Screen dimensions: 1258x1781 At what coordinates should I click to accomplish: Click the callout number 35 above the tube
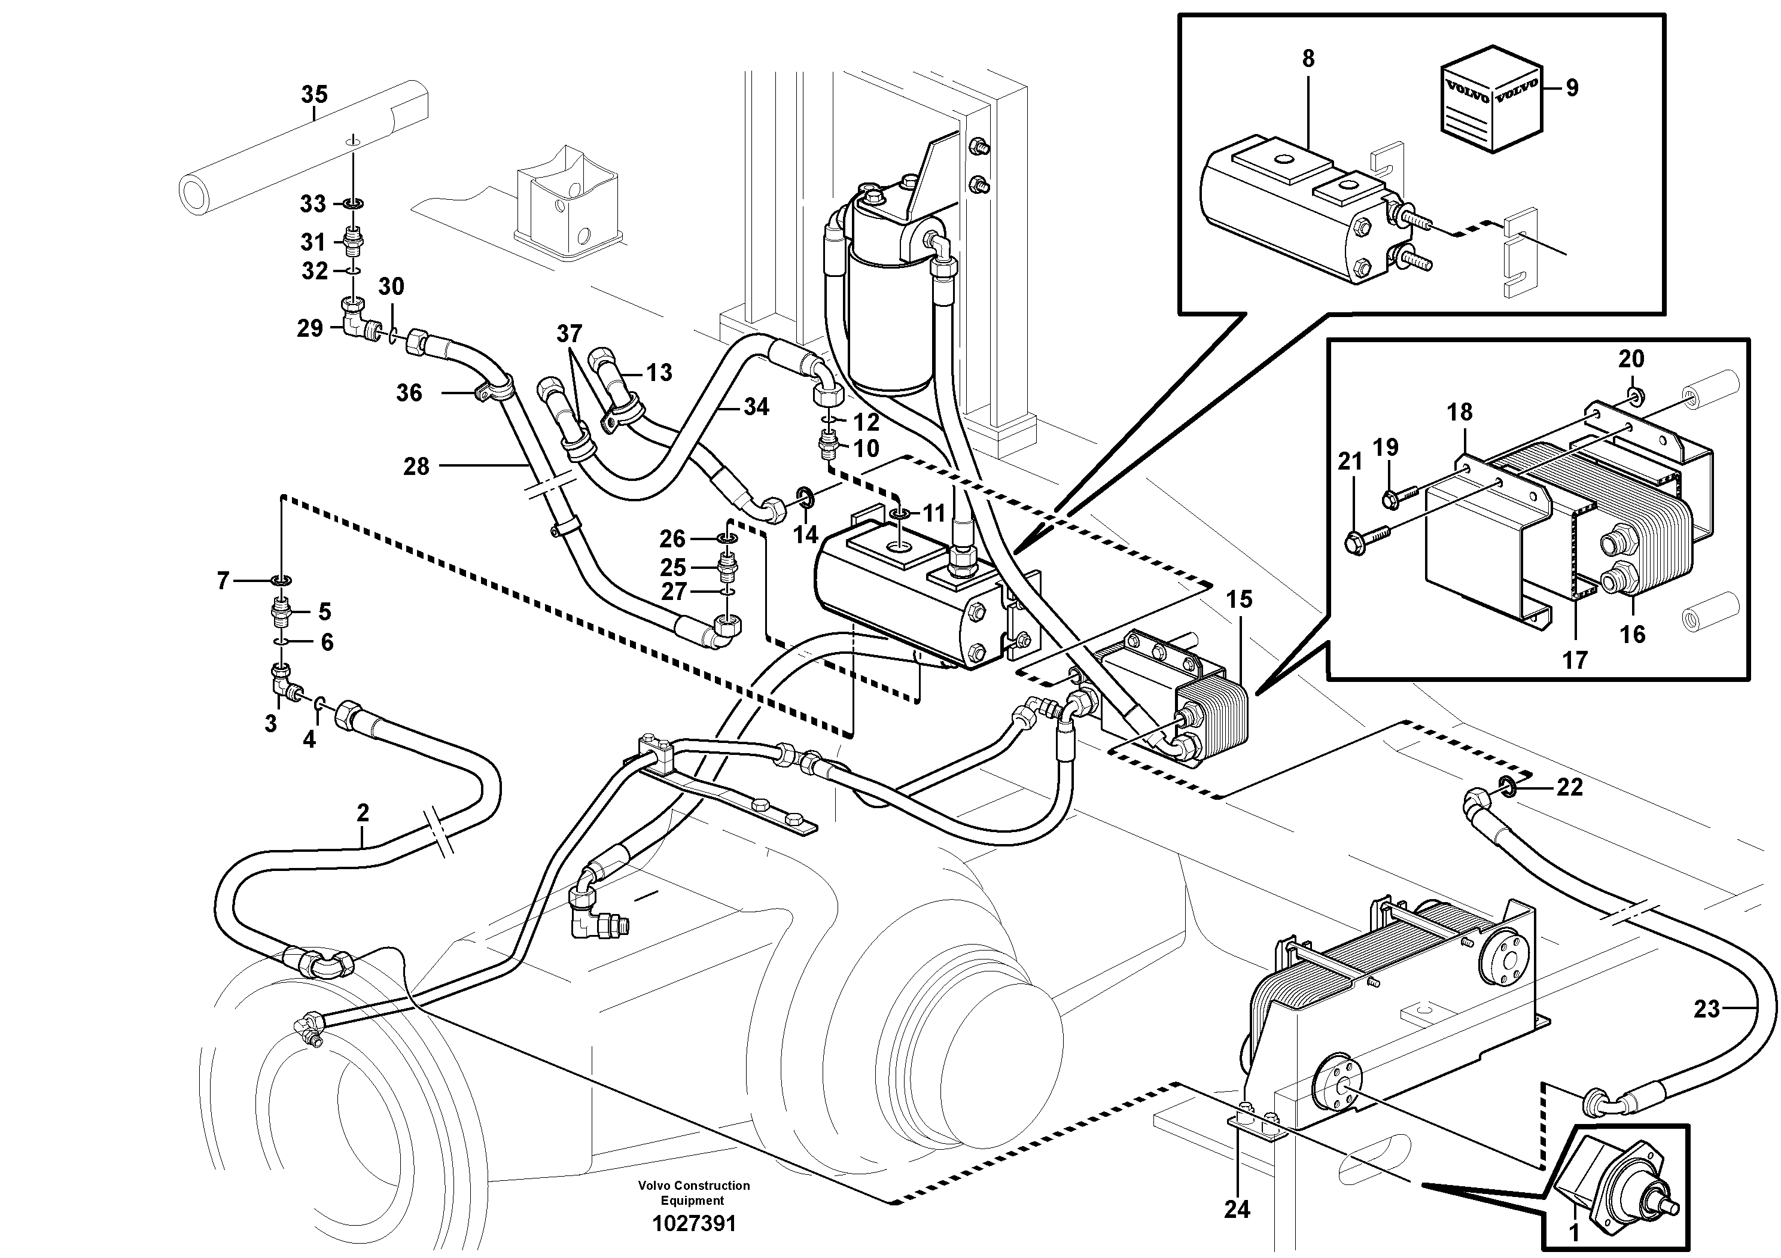(x=314, y=95)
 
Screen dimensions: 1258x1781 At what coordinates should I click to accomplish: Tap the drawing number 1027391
(x=693, y=1224)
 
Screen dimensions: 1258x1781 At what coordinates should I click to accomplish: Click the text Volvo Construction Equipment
(x=693, y=1193)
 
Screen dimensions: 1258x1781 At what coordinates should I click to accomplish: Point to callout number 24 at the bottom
(x=1237, y=1209)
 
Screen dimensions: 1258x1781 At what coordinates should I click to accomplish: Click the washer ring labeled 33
(x=353, y=204)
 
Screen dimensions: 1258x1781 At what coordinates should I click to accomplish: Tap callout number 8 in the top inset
(x=1308, y=59)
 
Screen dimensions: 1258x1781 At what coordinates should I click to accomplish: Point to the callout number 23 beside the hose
(x=1707, y=1009)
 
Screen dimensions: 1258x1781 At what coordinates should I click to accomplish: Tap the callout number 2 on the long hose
(x=363, y=813)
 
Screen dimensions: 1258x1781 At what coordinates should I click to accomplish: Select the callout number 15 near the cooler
(x=1240, y=599)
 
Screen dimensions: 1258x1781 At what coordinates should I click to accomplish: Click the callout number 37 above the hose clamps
(x=568, y=334)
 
